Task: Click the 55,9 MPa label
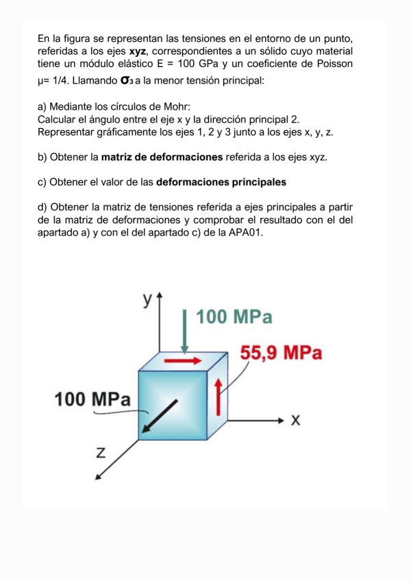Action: click(x=281, y=354)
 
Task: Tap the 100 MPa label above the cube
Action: click(x=234, y=318)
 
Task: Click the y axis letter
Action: click(x=147, y=299)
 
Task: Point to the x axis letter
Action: click(x=296, y=419)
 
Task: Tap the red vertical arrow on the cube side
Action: click(x=219, y=398)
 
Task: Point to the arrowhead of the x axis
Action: click(x=282, y=419)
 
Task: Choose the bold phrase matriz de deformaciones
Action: click(x=162, y=158)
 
